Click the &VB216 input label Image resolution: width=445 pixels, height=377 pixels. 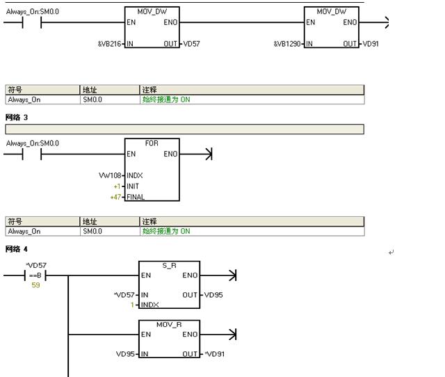[110, 44]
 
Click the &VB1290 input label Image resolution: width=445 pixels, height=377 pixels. [289, 44]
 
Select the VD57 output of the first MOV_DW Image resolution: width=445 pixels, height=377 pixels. [191, 44]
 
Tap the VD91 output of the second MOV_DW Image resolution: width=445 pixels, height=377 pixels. [371, 44]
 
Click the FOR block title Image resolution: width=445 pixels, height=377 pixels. [152, 143]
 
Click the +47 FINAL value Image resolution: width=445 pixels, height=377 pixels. [116, 197]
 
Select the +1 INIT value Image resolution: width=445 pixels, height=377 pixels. [117, 186]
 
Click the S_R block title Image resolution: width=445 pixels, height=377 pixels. [169, 266]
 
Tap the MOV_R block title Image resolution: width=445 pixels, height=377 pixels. [169, 325]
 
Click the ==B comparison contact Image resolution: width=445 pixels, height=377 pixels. [35, 275]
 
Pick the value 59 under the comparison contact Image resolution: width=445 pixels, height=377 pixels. [35, 285]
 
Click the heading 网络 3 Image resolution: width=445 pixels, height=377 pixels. [17, 118]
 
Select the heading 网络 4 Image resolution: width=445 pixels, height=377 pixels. [17, 249]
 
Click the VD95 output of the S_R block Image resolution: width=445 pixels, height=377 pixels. [213, 295]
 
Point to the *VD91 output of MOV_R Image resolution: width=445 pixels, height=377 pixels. [215, 354]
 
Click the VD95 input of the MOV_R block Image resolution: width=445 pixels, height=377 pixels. [127, 354]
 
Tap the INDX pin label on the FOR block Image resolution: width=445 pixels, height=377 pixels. [135, 175]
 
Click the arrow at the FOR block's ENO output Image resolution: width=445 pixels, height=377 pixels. [207, 154]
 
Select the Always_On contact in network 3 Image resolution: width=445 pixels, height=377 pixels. [32, 154]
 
